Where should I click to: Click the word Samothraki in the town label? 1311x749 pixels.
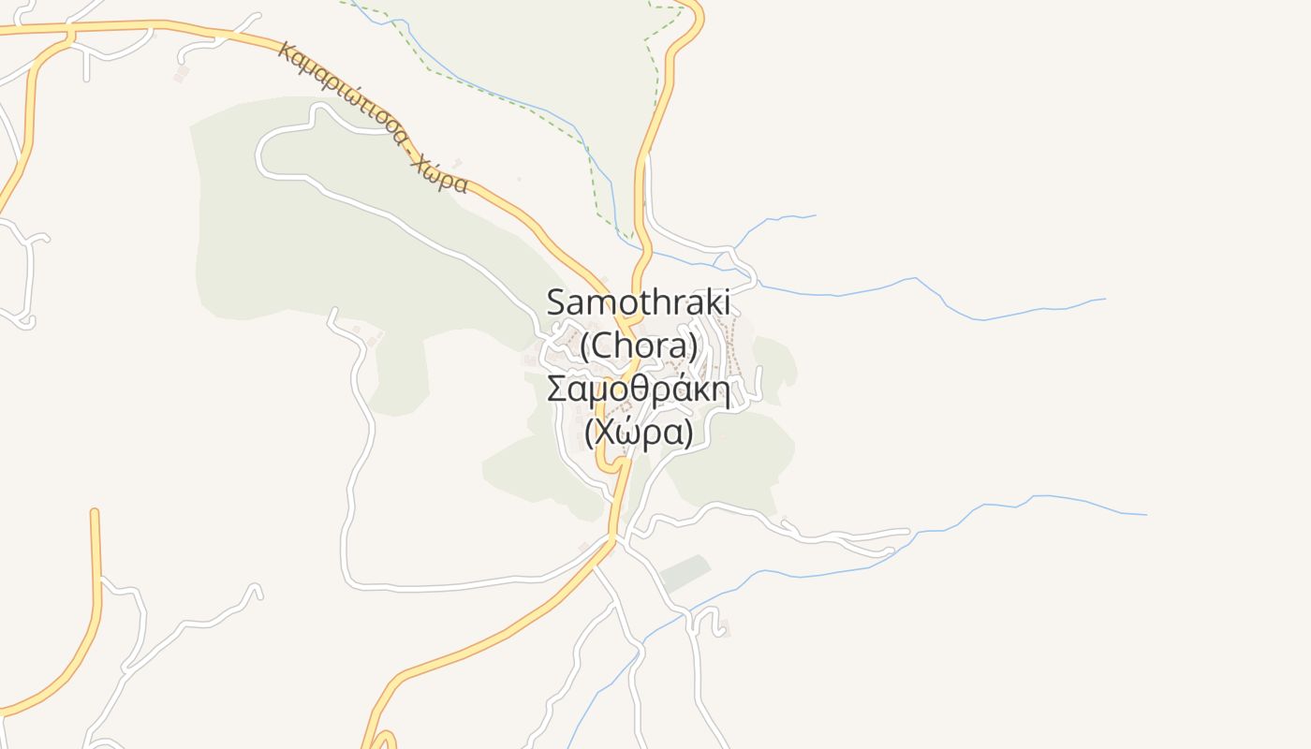pos(638,302)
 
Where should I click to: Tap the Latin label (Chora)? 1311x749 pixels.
pos(640,346)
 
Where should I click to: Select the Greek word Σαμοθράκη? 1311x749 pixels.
pos(638,389)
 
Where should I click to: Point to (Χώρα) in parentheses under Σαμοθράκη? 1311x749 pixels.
pos(639,433)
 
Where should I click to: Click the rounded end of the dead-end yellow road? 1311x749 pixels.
pos(94,512)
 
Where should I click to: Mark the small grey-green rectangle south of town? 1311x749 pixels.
pos(685,573)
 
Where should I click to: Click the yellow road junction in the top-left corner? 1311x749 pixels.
pos(69,35)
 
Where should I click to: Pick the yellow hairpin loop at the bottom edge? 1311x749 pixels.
pos(381,740)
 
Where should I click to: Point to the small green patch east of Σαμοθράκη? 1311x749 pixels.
pos(776,360)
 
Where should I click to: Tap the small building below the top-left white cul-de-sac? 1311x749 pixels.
pos(182,71)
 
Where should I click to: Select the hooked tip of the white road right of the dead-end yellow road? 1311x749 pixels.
pos(255,590)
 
